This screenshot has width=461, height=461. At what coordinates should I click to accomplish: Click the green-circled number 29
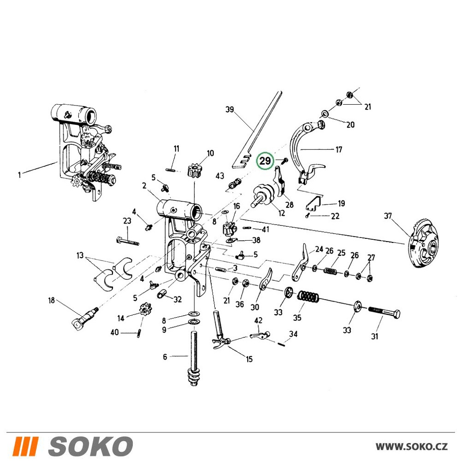click(x=265, y=161)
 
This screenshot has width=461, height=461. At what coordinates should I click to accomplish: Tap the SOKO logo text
click(x=90, y=446)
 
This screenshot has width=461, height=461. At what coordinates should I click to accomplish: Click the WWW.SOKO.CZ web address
click(x=412, y=446)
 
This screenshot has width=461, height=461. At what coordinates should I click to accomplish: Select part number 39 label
click(x=230, y=109)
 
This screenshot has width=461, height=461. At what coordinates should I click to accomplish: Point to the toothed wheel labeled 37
click(x=423, y=243)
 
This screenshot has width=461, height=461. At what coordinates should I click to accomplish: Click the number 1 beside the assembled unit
click(x=19, y=175)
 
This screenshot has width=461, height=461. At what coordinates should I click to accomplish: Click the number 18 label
click(x=52, y=300)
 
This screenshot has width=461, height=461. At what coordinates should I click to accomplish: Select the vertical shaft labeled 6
click(x=194, y=359)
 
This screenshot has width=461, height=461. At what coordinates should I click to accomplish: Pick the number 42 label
click(x=258, y=320)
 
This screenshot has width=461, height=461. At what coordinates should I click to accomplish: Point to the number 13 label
click(x=80, y=255)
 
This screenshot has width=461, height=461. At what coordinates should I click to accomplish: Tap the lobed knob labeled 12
click(x=263, y=195)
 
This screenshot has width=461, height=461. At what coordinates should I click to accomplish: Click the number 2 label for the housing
click(x=144, y=185)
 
